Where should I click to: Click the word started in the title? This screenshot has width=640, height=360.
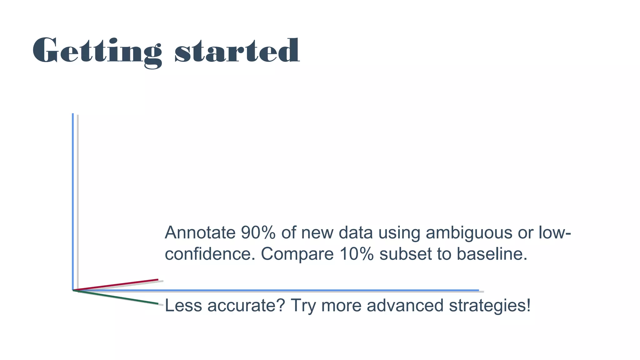tap(237, 51)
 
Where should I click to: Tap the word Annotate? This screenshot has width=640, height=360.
tap(200, 233)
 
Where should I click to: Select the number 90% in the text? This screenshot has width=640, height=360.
tap(258, 233)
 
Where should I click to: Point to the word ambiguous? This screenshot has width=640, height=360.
tap(469, 233)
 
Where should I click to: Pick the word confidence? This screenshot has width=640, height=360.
tap(210, 254)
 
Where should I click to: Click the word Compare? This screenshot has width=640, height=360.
tap(297, 254)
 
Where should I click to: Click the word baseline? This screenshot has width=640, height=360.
tap(492, 254)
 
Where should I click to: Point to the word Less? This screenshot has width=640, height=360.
tap(183, 306)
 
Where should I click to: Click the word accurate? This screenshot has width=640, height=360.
tap(246, 306)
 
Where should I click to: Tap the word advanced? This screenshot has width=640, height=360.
tap(405, 306)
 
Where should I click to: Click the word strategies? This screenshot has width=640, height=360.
tap(490, 306)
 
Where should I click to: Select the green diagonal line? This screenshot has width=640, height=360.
tap(125, 298)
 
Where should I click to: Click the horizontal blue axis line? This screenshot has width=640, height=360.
tap(281, 290)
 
